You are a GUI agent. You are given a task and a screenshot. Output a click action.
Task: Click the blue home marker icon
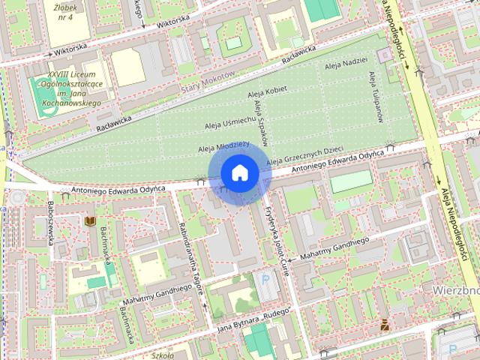click(x=239, y=173)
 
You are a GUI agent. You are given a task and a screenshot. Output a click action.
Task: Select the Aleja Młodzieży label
click(x=223, y=144)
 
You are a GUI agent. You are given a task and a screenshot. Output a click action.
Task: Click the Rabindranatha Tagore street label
click(x=192, y=267)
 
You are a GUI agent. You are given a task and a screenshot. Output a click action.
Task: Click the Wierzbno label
click(x=455, y=289)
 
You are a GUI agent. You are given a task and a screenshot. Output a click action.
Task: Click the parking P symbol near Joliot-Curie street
click(x=265, y=280)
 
